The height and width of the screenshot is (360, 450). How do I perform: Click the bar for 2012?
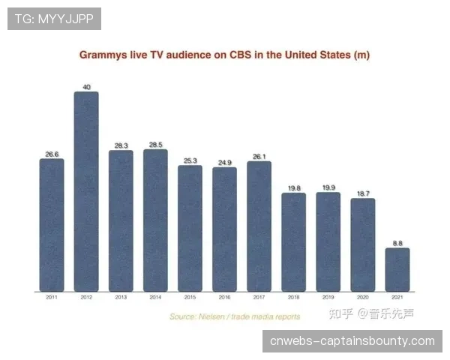[86, 191]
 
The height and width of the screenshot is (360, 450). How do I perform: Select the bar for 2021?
[397, 269]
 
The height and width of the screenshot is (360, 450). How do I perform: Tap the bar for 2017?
[259, 226]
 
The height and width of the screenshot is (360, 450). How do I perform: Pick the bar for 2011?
[52, 224]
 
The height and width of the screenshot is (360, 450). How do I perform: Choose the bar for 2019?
[328, 241]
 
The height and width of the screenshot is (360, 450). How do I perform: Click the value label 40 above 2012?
[86, 87]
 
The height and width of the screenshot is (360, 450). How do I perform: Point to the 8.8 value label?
[397, 243]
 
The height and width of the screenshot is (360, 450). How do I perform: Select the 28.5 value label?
[155, 145]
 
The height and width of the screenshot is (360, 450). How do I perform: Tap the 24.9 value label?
[224, 162]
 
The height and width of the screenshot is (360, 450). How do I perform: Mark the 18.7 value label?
[363, 193]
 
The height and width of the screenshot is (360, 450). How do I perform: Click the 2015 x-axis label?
[190, 298]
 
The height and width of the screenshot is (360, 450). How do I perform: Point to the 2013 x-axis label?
[121, 298]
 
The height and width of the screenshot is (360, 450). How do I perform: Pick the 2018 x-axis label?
[293, 298]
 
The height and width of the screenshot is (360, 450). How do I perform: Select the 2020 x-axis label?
[363, 298]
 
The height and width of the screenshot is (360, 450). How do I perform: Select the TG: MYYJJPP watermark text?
[54, 19]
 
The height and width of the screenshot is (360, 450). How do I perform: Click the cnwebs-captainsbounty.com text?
[351, 341]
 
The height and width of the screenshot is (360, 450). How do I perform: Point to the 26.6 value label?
[52, 154]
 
